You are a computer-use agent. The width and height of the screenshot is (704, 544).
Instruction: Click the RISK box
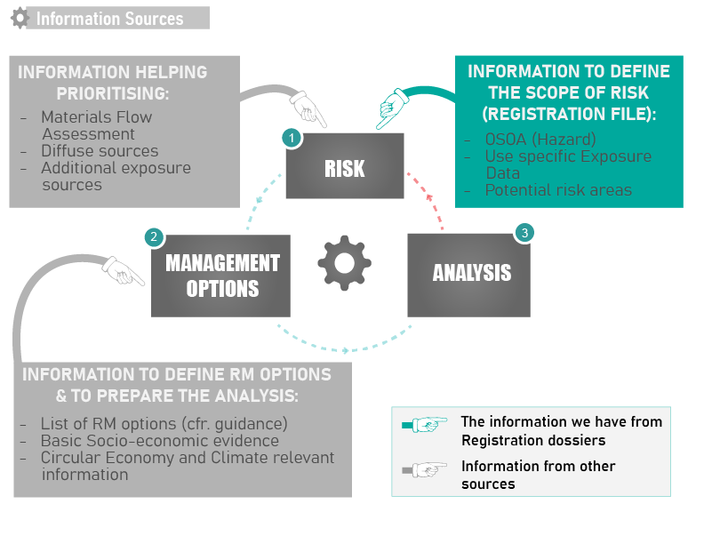point(345,165)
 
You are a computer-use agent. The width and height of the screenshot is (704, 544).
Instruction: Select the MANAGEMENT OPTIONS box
point(220,276)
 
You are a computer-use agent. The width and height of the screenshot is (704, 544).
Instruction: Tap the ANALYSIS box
point(468,276)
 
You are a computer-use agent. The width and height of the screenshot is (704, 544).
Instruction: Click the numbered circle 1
point(292,138)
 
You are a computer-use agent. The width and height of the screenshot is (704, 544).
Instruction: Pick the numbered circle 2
point(154,236)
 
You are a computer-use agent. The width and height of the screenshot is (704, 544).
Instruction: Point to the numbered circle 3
point(524,233)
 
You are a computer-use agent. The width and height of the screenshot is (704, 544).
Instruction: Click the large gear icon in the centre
point(344,263)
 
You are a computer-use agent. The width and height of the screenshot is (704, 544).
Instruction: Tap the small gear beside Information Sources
point(20,19)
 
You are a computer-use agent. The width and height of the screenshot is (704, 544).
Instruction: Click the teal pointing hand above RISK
point(393,108)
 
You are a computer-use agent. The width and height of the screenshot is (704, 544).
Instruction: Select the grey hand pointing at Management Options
point(123,270)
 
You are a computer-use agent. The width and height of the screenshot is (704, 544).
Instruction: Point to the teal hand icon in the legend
point(425,424)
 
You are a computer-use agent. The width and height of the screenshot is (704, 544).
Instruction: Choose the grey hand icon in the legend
point(425,470)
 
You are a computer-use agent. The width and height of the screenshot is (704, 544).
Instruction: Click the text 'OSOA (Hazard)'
point(540,140)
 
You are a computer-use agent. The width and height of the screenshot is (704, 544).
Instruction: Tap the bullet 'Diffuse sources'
point(100,151)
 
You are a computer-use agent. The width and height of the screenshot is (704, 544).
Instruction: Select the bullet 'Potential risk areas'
point(558,190)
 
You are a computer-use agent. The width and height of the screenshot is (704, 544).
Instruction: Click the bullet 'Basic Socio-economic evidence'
point(159,441)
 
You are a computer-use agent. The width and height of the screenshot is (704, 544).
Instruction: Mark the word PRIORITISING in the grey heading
point(113,93)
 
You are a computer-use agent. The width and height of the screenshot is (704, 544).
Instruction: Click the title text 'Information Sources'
point(109,19)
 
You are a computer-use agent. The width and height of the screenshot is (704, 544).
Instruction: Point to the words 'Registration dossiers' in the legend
point(533,440)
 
